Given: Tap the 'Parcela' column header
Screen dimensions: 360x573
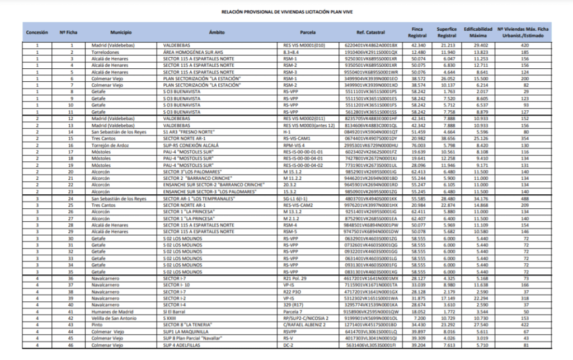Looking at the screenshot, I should (x=308, y=32).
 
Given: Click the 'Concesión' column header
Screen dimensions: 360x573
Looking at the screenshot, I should (x=37, y=32).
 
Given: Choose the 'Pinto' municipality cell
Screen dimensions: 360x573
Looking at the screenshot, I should (x=98, y=325).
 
